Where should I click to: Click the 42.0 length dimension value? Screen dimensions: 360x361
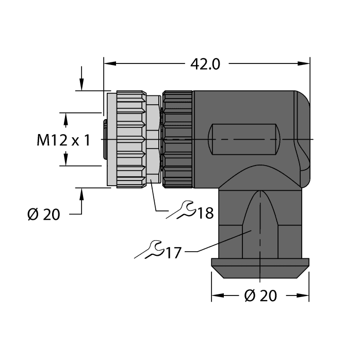pos(205,63)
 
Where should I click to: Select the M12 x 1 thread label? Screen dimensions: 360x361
pos(63,140)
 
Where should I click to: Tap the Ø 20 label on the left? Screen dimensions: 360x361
pos(44,214)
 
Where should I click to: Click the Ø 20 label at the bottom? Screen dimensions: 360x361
pos(260,296)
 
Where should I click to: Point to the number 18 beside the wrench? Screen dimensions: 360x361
pos(205,212)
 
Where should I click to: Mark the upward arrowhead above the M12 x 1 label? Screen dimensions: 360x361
pos(65,119)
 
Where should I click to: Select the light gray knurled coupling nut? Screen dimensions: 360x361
pos(130,139)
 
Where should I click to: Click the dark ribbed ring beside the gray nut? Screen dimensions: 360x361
pos(177,139)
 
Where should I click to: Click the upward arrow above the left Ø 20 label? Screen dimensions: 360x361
pos(81,194)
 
